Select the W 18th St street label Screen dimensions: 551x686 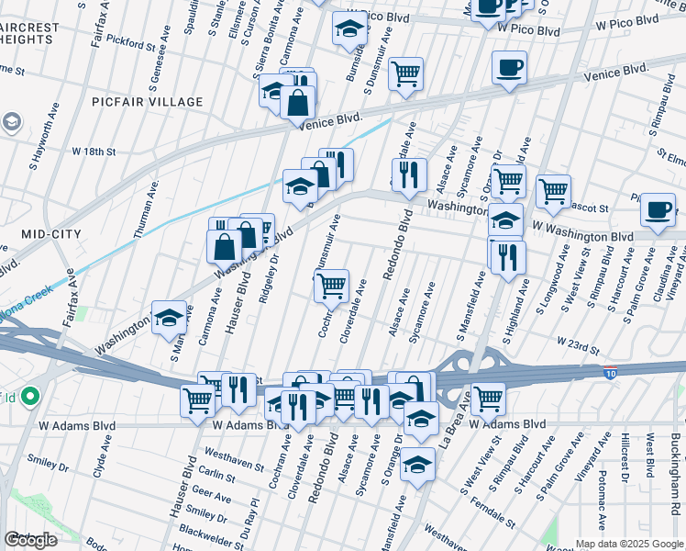pos(94,151)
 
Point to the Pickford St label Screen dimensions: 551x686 pos(130,42)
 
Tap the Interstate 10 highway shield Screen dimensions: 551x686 pos(610,372)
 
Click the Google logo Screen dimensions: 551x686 pos(30,540)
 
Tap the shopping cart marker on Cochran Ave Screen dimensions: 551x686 pos(331,285)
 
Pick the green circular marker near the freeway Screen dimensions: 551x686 pos(29,397)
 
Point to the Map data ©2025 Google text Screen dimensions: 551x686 pos(629,543)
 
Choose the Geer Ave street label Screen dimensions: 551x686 pos(213,492)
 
